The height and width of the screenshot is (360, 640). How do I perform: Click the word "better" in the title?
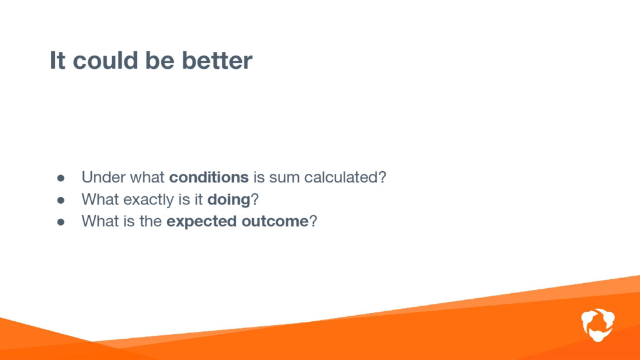217,61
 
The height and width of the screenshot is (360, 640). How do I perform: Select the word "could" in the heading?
105,61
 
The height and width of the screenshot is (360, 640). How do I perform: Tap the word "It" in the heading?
57,61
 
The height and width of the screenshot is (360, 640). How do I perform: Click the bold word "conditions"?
209,177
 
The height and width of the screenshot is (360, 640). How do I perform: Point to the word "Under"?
102,177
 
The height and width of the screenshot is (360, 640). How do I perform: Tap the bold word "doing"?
229,200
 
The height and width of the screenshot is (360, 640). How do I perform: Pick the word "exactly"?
149,200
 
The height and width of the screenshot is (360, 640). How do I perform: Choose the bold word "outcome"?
275,222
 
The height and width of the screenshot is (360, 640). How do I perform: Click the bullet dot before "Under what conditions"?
61,178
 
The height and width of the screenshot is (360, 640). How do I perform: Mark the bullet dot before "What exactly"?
61,200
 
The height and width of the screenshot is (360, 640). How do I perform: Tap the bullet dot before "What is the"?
61,222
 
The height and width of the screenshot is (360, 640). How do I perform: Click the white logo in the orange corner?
598,325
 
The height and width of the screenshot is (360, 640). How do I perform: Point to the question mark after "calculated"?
382,177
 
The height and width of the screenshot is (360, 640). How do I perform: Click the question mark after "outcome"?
313,221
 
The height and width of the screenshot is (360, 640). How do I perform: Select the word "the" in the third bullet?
151,221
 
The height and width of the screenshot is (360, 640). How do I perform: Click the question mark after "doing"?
255,199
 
